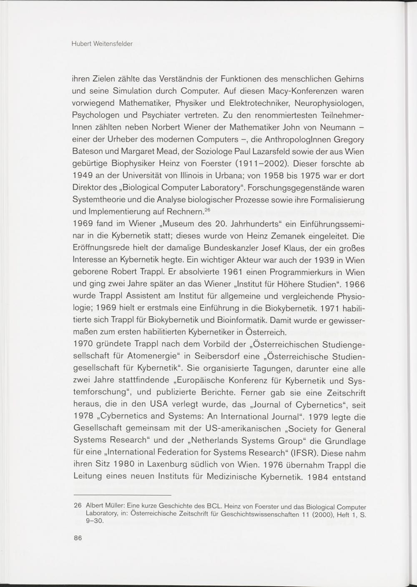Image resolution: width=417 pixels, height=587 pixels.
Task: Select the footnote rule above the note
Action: point(123,495)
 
